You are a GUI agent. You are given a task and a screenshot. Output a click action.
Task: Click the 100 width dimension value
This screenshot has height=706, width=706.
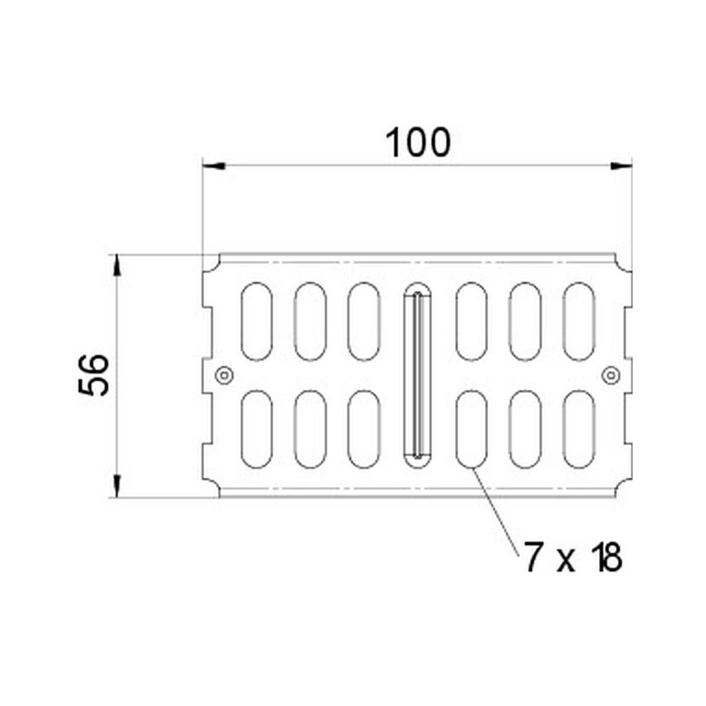[x=418, y=143]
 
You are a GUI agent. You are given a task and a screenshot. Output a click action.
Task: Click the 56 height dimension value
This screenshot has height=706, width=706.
[x=93, y=375]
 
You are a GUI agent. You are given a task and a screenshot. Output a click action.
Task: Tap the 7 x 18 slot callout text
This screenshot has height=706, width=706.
[x=572, y=557]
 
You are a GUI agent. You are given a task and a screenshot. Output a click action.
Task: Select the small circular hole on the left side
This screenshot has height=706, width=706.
[x=224, y=375]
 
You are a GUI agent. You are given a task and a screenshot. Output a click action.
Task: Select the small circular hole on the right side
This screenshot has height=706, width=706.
[x=610, y=375]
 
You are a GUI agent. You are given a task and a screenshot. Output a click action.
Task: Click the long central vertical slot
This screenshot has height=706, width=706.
[x=417, y=375]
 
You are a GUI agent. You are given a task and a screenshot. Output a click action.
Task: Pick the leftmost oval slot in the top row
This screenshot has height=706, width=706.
[x=257, y=322]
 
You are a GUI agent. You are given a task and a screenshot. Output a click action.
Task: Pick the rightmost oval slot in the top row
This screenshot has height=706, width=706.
[x=579, y=322]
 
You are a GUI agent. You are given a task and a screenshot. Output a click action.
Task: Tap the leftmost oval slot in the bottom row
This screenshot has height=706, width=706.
[x=257, y=429]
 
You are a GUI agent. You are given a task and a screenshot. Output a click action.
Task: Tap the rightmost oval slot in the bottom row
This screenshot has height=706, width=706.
[x=579, y=429]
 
